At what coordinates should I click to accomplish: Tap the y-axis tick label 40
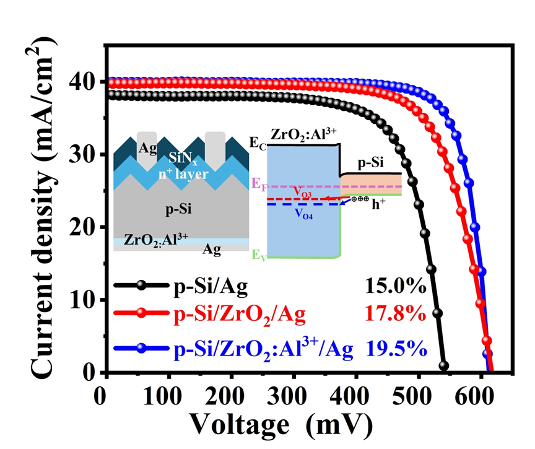(84, 82)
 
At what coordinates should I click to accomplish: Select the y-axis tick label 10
(84, 300)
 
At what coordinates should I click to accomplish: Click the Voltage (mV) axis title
(281, 425)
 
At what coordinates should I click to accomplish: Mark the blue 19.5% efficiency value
(397, 349)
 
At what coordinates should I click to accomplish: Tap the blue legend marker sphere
(142, 349)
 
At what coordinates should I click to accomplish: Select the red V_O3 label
(303, 193)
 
